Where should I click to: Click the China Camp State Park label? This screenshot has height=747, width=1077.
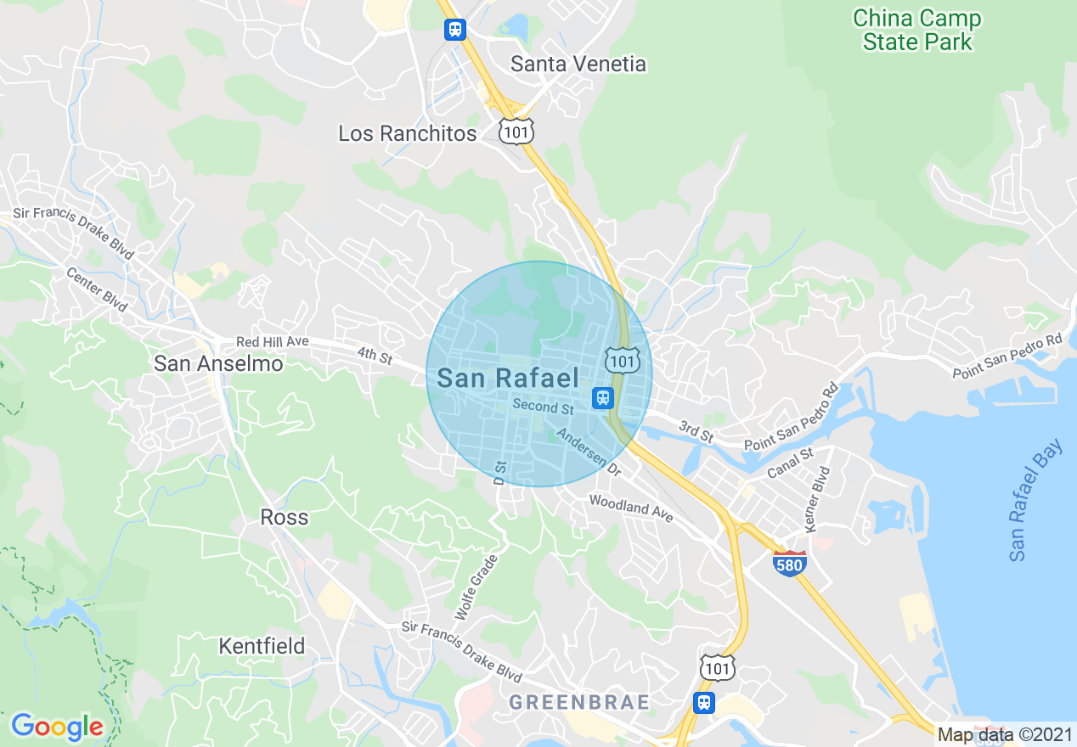click(917, 30)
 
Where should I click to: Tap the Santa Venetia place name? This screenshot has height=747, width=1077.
click(578, 64)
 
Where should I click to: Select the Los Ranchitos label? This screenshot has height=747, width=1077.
click(408, 133)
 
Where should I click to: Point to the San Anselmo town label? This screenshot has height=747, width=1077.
click(218, 363)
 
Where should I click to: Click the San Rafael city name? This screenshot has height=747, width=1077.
click(508, 379)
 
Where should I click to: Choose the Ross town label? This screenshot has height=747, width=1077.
click(285, 517)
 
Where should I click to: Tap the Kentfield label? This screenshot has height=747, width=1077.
click(262, 646)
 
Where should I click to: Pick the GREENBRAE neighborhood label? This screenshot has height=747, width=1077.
click(579, 702)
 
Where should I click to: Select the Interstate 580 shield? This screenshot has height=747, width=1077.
click(790, 563)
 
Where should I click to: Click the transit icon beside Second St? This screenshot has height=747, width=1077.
click(603, 396)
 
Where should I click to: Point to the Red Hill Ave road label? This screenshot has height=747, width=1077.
click(272, 341)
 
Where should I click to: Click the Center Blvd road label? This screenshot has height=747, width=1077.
click(97, 289)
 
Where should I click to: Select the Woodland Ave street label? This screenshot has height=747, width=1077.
click(631, 508)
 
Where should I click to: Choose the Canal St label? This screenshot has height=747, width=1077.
click(790, 463)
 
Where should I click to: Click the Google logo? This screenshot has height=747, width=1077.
click(58, 727)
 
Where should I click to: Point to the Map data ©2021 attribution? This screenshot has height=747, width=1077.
click(1005, 734)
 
